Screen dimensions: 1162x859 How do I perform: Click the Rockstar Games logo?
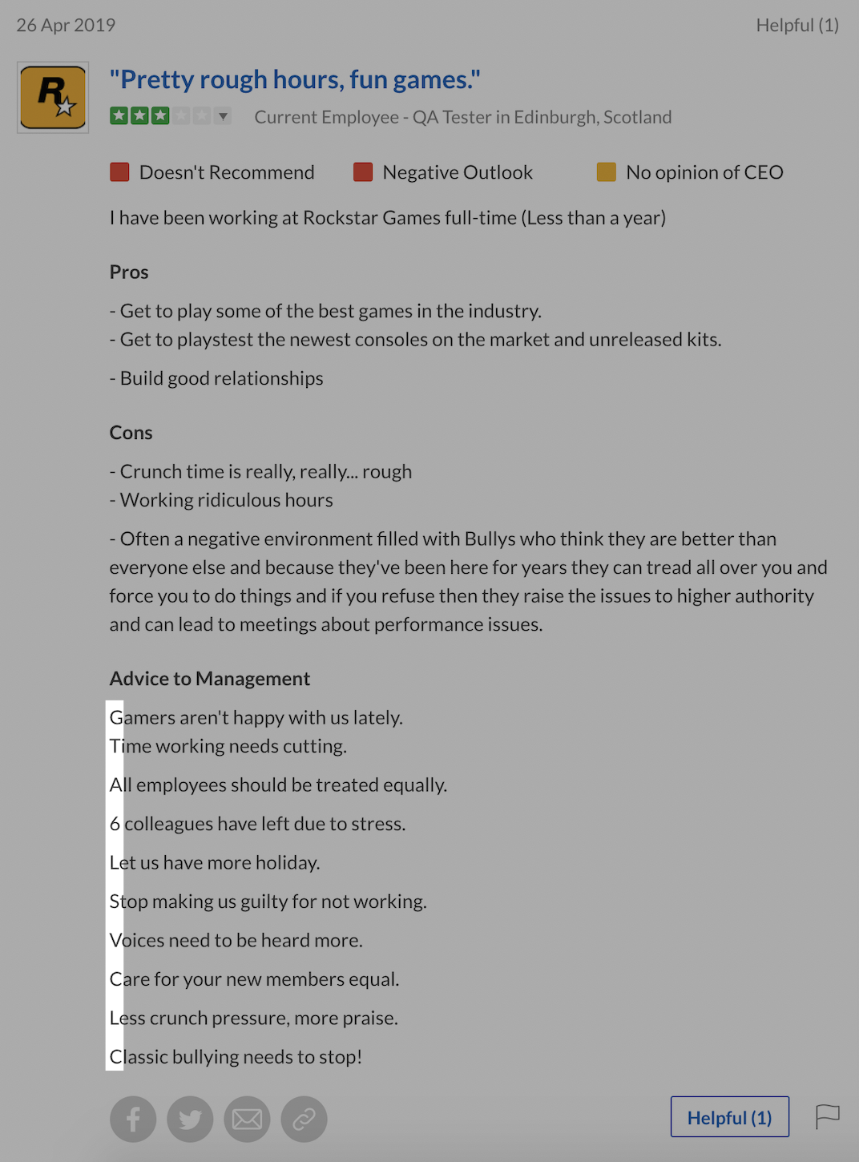coord(53,98)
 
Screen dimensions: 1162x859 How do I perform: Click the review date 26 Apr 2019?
coord(66,26)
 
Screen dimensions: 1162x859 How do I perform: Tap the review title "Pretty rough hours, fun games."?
coord(295,79)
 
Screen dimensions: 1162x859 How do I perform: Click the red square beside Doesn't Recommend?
coord(119,172)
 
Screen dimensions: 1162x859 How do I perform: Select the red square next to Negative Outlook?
coord(363,172)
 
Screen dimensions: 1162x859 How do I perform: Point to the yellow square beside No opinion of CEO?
coord(607,172)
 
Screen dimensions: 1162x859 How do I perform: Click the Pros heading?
coord(129,272)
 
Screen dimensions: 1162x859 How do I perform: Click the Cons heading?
coord(131,433)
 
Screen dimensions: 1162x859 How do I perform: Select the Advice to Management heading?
coord(210,679)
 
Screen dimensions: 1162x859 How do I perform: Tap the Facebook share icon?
coord(133,1119)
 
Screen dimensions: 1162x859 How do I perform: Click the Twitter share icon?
coord(190,1119)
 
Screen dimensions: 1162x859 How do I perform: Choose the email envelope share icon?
coord(247,1119)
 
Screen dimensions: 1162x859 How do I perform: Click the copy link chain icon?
coord(304,1119)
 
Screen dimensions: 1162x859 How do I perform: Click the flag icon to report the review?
coord(827,1116)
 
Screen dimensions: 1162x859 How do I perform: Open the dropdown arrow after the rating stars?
coord(224,116)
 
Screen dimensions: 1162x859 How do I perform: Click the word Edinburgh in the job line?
coord(555,117)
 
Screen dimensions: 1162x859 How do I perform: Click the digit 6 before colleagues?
coord(115,824)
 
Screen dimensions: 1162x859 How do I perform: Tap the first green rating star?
coord(119,116)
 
